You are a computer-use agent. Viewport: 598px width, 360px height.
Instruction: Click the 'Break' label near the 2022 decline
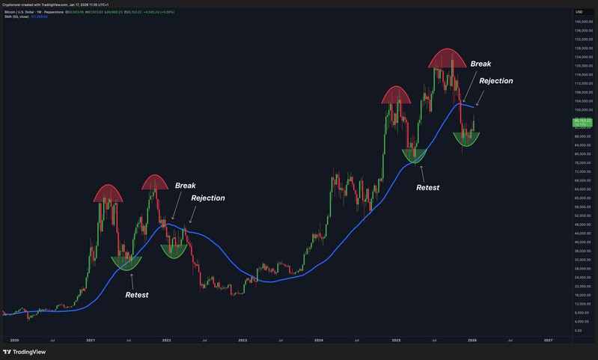pyautogui.click(x=185, y=185)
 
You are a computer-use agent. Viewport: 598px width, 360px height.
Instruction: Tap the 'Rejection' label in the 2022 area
pyautogui.click(x=207, y=198)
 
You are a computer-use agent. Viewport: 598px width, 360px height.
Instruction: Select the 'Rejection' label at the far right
pyautogui.click(x=495, y=81)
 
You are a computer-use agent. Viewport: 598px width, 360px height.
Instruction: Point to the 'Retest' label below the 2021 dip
pyautogui.click(x=136, y=295)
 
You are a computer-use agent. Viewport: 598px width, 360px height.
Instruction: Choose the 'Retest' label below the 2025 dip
pyautogui.click(x=427, y=187)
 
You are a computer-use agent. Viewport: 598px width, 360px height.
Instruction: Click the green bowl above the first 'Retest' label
pyautogui.click(x=126, y=262)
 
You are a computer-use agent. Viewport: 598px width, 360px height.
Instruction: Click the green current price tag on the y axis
pyautogui.click(x=582, y=121)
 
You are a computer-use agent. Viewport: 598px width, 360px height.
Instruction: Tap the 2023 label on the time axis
pyautogui.click(x=242, y=341)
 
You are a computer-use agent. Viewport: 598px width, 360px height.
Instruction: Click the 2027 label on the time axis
pyautogui.click(x=548, y=341)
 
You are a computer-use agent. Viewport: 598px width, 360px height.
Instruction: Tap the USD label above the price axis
pyautogui.click(x=579, y=12)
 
